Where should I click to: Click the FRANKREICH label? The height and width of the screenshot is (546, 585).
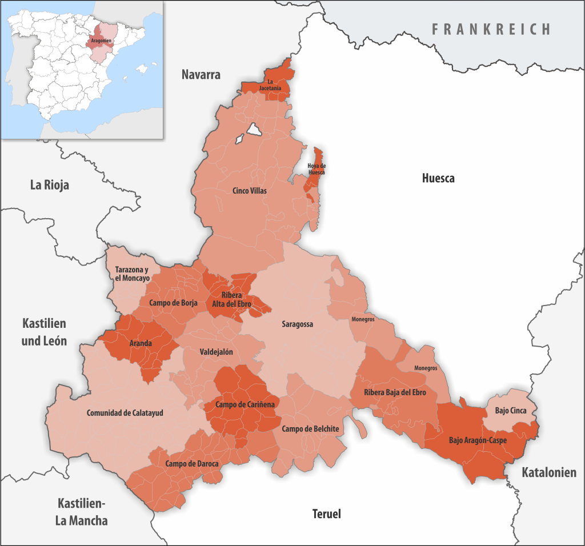(x=491, y=29)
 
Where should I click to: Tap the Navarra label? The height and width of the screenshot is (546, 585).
(x=201, y=75)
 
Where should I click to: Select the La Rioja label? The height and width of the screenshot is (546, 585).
(x=49, y=185)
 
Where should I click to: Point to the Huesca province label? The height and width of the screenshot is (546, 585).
(x=438, y=178)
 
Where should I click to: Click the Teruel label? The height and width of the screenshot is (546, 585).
(x=326, y=514)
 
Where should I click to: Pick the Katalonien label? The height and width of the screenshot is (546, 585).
(x=548, y=472)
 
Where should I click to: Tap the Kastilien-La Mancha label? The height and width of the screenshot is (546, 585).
(x=82, y=512)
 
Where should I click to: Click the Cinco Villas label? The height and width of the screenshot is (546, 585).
(x=249, y=191)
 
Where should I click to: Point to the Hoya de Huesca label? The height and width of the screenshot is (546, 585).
(x=316, y=168)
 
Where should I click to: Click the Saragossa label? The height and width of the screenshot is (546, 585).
(x=297, y=324)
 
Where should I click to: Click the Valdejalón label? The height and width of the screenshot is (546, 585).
(x=216, y=352)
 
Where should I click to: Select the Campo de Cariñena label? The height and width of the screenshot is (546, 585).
(x=245, y=404)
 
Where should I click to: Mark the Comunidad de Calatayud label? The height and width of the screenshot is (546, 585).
(x=125, y=413)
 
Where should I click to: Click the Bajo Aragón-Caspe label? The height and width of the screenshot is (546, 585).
(x=478, y=440)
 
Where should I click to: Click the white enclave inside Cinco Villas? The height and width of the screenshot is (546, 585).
(x=254, y=130)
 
